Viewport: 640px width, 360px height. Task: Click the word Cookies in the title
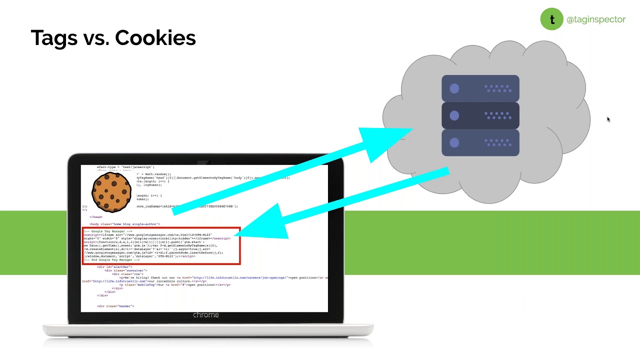155,38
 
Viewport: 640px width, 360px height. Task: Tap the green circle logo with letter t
551,19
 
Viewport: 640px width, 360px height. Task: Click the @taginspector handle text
595,19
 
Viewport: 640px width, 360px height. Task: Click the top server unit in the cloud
480,88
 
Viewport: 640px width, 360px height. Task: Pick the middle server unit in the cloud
480,115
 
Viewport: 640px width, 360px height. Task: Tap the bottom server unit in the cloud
480,142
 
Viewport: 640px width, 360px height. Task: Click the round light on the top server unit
454,88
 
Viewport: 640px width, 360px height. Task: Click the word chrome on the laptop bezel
206,315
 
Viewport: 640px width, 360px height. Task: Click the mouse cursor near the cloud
608,119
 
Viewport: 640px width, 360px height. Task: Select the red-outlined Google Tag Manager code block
161,245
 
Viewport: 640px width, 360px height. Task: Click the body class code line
125,224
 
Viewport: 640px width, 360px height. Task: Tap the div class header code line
115,306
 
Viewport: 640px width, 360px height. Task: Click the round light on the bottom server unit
454,142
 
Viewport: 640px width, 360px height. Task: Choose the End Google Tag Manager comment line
112,260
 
